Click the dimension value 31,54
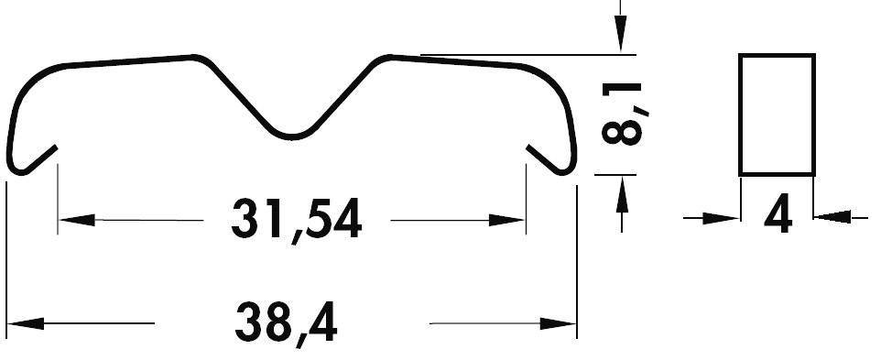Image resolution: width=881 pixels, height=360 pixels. [x=296, y=220]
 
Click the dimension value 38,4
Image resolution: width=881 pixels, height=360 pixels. [x=286, y=322]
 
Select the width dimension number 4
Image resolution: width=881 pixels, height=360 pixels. [x=778, y=215]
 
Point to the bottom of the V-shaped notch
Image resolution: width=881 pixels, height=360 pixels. [x=292, y=137]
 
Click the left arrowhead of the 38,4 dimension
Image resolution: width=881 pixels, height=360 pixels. [x=26, y=323]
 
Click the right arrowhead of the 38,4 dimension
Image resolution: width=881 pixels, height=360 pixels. [x=558, y=323]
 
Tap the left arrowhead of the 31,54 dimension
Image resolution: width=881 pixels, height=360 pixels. [x=77, y=220]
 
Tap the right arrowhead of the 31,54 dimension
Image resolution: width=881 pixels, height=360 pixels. [x=506, y=220]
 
